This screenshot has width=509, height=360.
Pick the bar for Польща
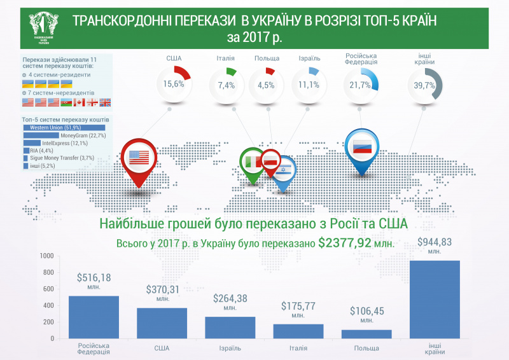tap(367, 333)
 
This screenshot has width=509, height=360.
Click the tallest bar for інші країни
tap(435, 299)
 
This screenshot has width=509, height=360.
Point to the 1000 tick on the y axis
tap(46, 256)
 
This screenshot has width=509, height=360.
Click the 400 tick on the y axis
tap(48, 306)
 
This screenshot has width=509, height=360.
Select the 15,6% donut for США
tap(174, 83)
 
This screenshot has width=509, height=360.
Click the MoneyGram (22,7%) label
tap(83, 135)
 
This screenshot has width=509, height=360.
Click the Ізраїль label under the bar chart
tap(230, 349)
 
